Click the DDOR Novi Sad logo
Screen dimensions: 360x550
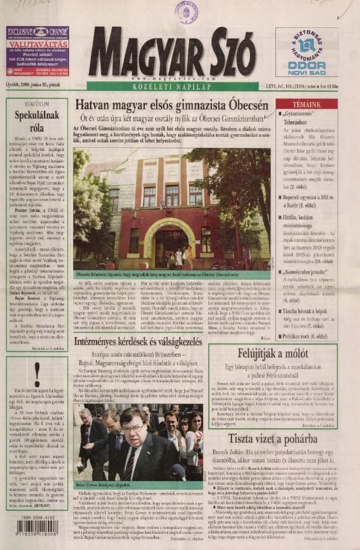pos(307,53)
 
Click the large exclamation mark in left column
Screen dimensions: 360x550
pos(37,375)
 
